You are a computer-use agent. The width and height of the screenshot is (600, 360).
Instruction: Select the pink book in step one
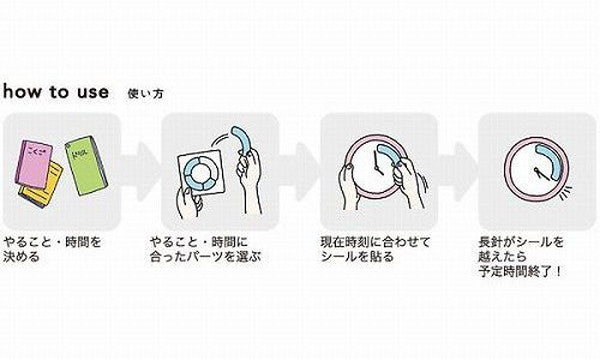click(40, 163)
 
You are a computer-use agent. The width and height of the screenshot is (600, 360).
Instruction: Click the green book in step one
click(87, 160)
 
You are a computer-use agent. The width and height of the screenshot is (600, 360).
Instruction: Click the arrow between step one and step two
click(141, 163)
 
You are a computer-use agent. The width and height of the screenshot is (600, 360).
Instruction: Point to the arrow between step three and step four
click(460, 163)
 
